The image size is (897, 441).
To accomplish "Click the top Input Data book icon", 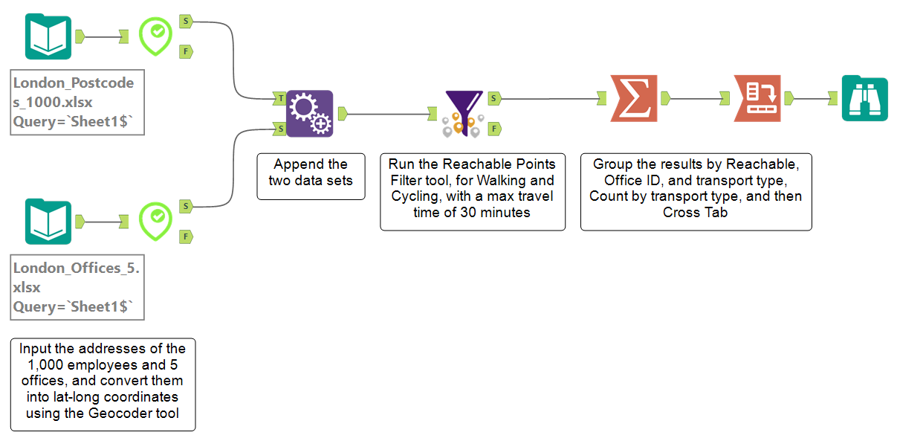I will pyautogui.click(x=48, y=36).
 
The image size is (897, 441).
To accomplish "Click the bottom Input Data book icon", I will pyautogui.click(x=48, y=222).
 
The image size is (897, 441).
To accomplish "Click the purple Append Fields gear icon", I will pyautogui.click(x=310, y=114).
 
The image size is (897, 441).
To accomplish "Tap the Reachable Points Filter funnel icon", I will pyautogui.click(x=464, y=114).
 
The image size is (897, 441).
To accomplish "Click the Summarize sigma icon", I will pyautogui.click(x=634, y=97).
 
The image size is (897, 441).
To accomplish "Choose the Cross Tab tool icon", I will pyautogui.click(x=757, y=97).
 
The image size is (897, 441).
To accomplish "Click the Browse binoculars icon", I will pyautogui.click(x=864, y=97).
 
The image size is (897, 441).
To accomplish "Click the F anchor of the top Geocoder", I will pyautogui.click(x=186, y=51).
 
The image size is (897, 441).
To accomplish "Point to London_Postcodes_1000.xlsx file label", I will pyautogui.click(x=77, y=102).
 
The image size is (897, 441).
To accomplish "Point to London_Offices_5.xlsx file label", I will pyautogui.click(x=77, y=287).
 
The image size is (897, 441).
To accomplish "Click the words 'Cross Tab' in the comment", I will pyautogui.click(x=696, y=212).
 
